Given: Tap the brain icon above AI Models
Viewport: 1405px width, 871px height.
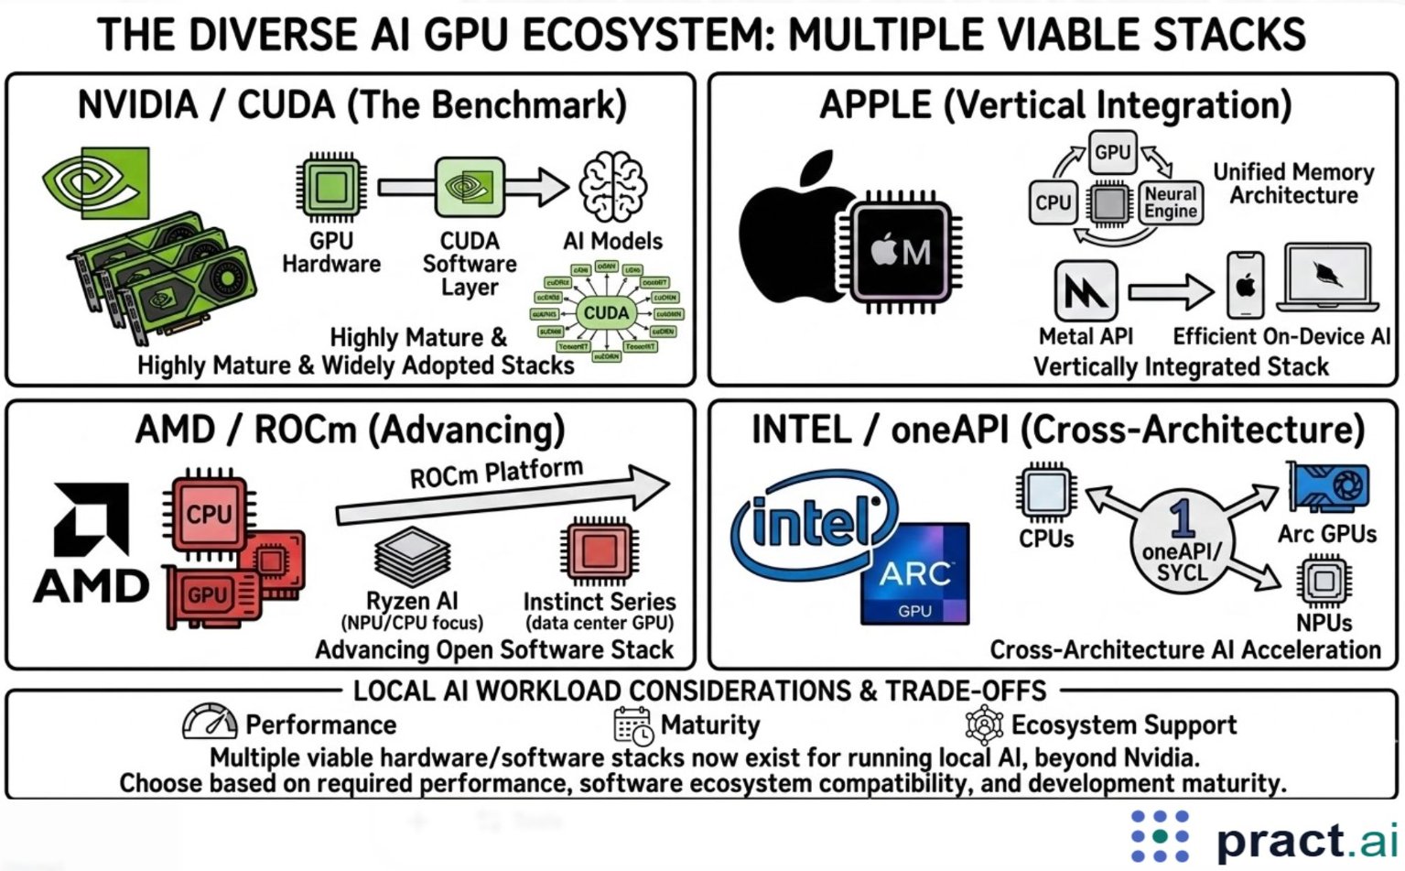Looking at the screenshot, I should pyautogui.click(x=612, y=187).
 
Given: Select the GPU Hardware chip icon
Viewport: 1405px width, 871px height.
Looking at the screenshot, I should pyautogui.click(x=330, y=188).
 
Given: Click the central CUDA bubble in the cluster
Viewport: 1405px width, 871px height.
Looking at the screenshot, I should pyautogui.click(x=607, y=313).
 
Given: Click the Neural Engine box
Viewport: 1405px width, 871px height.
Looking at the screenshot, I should pyautogui.click(x=1171, y=202).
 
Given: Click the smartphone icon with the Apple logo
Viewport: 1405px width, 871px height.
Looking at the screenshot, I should pyautogui.click(x=1245, y=286).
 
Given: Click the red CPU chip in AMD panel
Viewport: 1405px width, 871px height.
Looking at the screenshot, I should pyautogui.click(x=209, y=514).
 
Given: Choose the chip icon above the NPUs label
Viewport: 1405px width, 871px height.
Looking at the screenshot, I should pyautogui.click(x=1324, y=581).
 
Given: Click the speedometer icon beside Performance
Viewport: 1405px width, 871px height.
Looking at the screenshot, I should pyautogui.click(x=210, y=723).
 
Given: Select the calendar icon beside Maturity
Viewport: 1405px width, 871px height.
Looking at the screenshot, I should pyautogui.click(x=632, y=724).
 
